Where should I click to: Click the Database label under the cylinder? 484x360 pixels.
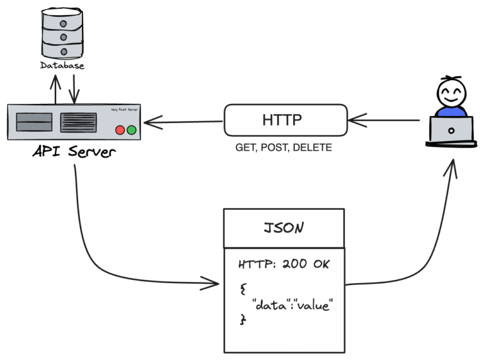point(62,65)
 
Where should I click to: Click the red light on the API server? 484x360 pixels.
point(120,131)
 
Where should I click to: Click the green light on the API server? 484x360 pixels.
point(131,131)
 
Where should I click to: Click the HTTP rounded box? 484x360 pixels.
point(285,120)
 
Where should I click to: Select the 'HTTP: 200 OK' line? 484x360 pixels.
point(284,264)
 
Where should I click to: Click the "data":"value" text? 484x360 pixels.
point(291,305)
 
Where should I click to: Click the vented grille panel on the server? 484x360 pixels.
point(78,122)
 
